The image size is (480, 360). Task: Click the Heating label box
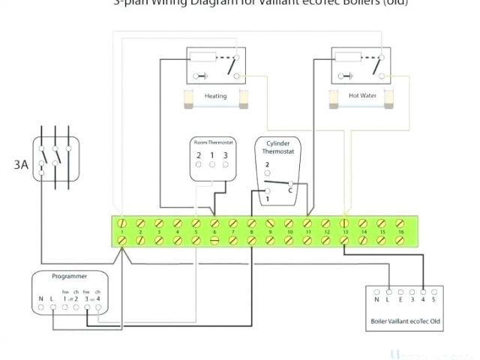tap(215, 96)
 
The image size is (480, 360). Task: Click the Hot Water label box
tap(363, 96)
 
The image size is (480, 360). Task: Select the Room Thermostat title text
tap(211, 142)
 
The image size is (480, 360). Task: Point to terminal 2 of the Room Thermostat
tap(199, 155)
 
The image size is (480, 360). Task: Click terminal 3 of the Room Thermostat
tap(225, 155)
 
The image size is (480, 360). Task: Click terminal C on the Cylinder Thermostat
tap(289, 190)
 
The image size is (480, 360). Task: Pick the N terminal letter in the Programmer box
tap(41, 298)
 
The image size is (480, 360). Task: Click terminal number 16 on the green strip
tap(400, 232)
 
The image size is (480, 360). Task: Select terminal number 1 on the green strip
tap(121, 232)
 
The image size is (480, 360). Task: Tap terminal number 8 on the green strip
tap(251, 232)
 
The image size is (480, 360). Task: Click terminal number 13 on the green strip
tap(344, 232)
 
